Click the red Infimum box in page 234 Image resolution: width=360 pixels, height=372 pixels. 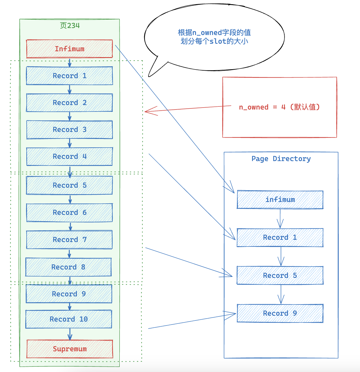click(70, 49)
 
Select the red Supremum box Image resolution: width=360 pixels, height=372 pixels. click(70, 349)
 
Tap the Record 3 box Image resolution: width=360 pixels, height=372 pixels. click(70, 129)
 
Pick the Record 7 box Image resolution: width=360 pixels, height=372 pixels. click(70, 240)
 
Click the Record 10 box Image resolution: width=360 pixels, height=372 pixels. click(69, 319)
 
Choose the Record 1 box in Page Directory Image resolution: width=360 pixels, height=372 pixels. click(280, 238)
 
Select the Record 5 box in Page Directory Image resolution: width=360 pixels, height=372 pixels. click(280, 275)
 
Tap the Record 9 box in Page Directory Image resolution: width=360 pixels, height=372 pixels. click(280, 313)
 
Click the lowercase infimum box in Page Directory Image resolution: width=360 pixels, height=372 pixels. click(280, 199)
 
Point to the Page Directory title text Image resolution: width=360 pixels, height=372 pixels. click(281, 159)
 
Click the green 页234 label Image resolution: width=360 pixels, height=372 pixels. click(70, 25)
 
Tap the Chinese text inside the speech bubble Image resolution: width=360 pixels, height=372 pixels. click(214, 37)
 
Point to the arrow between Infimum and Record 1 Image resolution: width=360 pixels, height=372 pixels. click(70, 62)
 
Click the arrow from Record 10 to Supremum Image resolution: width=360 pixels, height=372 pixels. click(70, 334)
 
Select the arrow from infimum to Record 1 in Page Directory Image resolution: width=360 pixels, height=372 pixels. click(280, 218)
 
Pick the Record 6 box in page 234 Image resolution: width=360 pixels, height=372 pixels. click(70, 213)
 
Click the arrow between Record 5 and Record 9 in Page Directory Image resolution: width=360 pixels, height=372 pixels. click(281, 294)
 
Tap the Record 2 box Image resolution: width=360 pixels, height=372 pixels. click(70, 103)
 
